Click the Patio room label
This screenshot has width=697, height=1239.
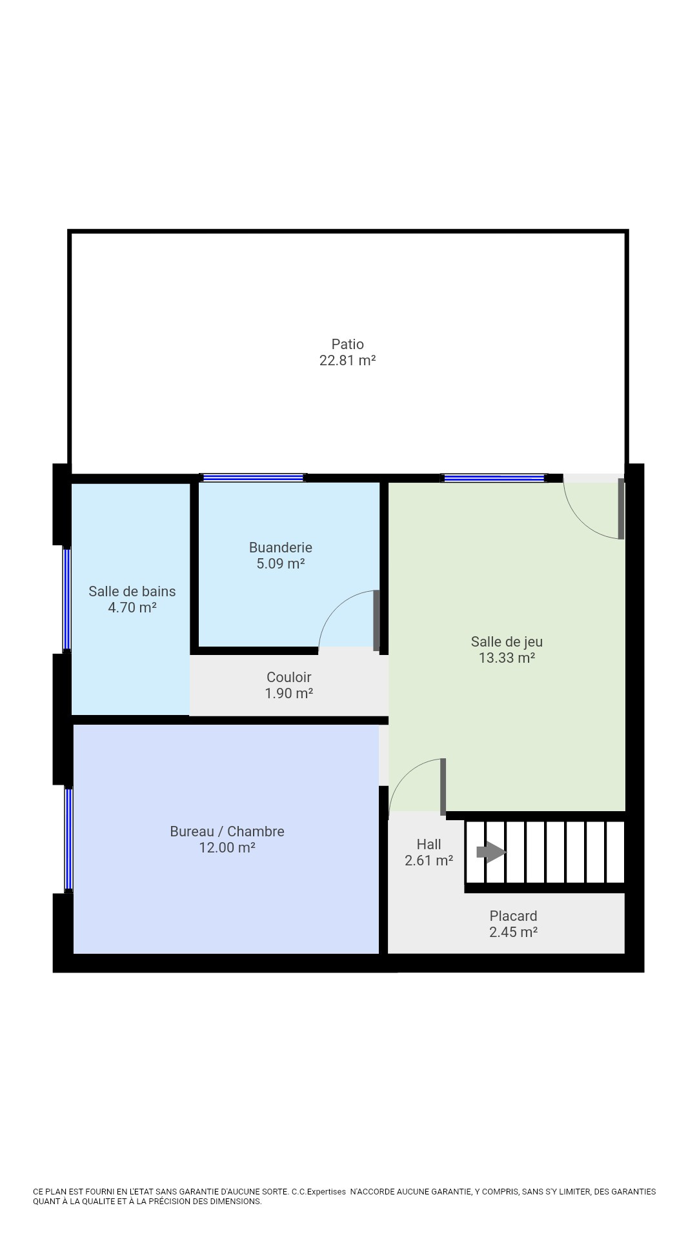click(x=347, y=344)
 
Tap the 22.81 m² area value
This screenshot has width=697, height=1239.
click(x=347, y=360)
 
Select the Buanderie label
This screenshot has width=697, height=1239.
click(x=281, y=547)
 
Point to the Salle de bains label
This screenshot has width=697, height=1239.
click(x=132, y=591)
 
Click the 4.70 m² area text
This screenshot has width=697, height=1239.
click(x=132, y=607)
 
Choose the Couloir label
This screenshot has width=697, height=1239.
click(x=288, y=677)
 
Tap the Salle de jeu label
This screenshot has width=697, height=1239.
click(x=507, y=641)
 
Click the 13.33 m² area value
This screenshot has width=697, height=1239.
click(x=507, y=658)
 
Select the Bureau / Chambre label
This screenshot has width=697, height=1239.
click(x=227, y=831)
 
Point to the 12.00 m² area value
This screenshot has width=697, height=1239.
click(x=227, y=847)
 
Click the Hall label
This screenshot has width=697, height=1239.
click(x=429, y=844)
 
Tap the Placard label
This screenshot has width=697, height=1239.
click(x=513, y=916)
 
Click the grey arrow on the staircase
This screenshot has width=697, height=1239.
click(x=491, y=852)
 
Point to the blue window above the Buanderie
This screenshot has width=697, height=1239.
click(x=253, y=478)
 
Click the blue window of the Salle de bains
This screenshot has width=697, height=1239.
click(x=66, y=599)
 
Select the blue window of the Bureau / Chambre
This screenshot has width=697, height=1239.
click(x=68, y=839)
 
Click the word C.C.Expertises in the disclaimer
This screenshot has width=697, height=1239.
click(x=318, y=1192)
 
